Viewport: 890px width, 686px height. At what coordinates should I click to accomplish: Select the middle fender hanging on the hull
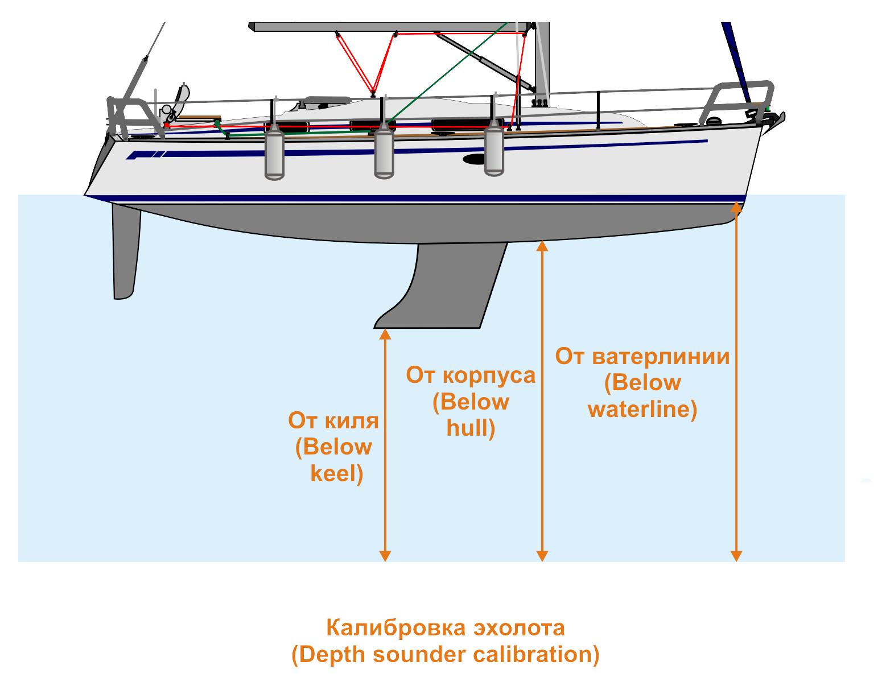coord(384,151)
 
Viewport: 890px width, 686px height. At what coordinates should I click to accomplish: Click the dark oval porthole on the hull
coord(474,159)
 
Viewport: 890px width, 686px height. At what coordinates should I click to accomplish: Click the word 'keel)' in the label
coord(337,474)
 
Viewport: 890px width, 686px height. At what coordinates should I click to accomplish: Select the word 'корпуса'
coord(489,377)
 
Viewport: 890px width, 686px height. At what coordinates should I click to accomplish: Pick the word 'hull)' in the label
coord(471,429)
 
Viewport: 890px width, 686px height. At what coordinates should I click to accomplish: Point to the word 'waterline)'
coord(642,410)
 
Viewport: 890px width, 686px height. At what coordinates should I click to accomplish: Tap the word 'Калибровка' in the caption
coord(396,628)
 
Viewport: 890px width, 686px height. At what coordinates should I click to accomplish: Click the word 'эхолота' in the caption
coord(520,629)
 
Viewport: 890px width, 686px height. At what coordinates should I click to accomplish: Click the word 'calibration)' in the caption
coord(536,655)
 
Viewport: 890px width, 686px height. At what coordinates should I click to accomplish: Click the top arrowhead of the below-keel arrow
coord(385,334)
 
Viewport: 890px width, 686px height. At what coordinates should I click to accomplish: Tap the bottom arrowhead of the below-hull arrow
coord(542,556)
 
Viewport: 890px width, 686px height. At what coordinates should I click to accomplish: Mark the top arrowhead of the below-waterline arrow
coord(736,207)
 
